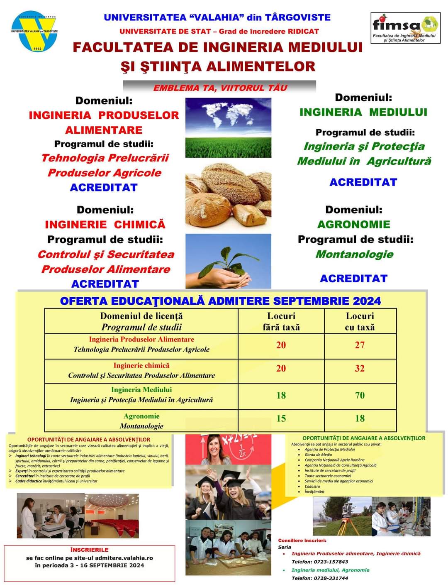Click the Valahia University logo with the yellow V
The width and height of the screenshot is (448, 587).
click(34, 33)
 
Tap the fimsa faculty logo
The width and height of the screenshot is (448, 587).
click(405, 27)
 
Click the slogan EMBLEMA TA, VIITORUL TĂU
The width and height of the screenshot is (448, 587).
click(220, 88)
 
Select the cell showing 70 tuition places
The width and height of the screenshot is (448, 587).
click(360, 395)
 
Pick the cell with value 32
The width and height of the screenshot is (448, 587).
click(360, 369)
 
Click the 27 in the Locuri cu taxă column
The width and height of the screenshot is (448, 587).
click(360, 345)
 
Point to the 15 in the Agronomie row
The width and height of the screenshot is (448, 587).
click(281, 418)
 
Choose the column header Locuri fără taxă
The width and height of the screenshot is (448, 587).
click(281, 321)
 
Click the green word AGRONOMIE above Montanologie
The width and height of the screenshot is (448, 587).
click(353, 225)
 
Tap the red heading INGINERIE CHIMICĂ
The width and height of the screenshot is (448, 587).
click(105, 225)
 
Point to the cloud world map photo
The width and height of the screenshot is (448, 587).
click(228, 114)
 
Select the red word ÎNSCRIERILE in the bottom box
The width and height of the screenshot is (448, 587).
click(90, 550)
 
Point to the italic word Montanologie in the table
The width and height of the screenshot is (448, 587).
click(141, 426)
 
